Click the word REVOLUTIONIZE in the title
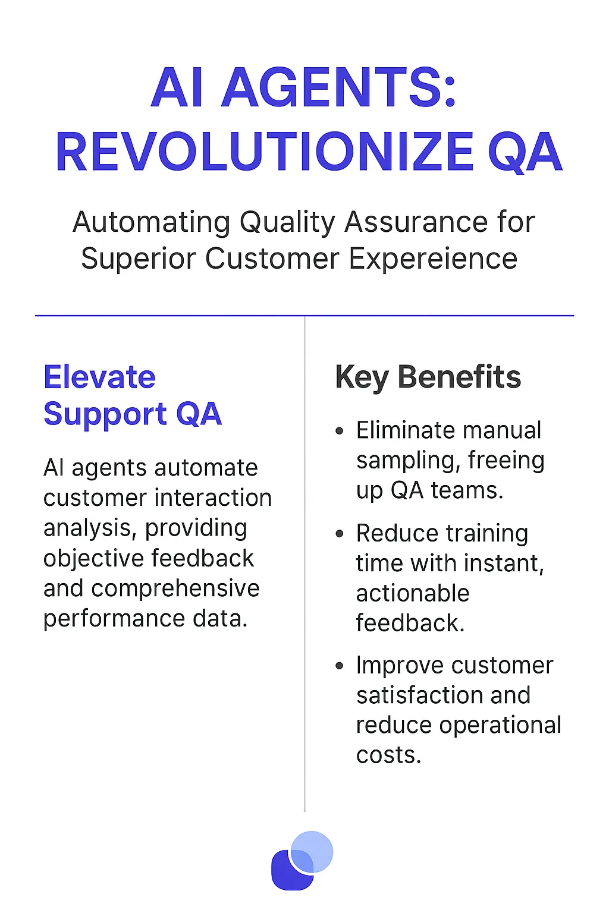pyautogui.click(x=264, y=153)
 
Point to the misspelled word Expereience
pyautogui.click(x=433, y=259)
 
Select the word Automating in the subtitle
pyautogui.click(x=151, y=222)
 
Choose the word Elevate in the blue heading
pyautogui.click(x=99, y=377)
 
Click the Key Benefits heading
pyautogui.click(x=428, y=377)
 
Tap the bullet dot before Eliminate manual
pyautogui.click(x=340, y=431)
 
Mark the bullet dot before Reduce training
pyautogui.click(x=340, y=534)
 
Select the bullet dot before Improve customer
pyautogui.click(x=340, y=666)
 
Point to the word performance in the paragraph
pyautogui.click(x=105, y=619)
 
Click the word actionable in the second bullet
pyautogui.click(x=413, y=593)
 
